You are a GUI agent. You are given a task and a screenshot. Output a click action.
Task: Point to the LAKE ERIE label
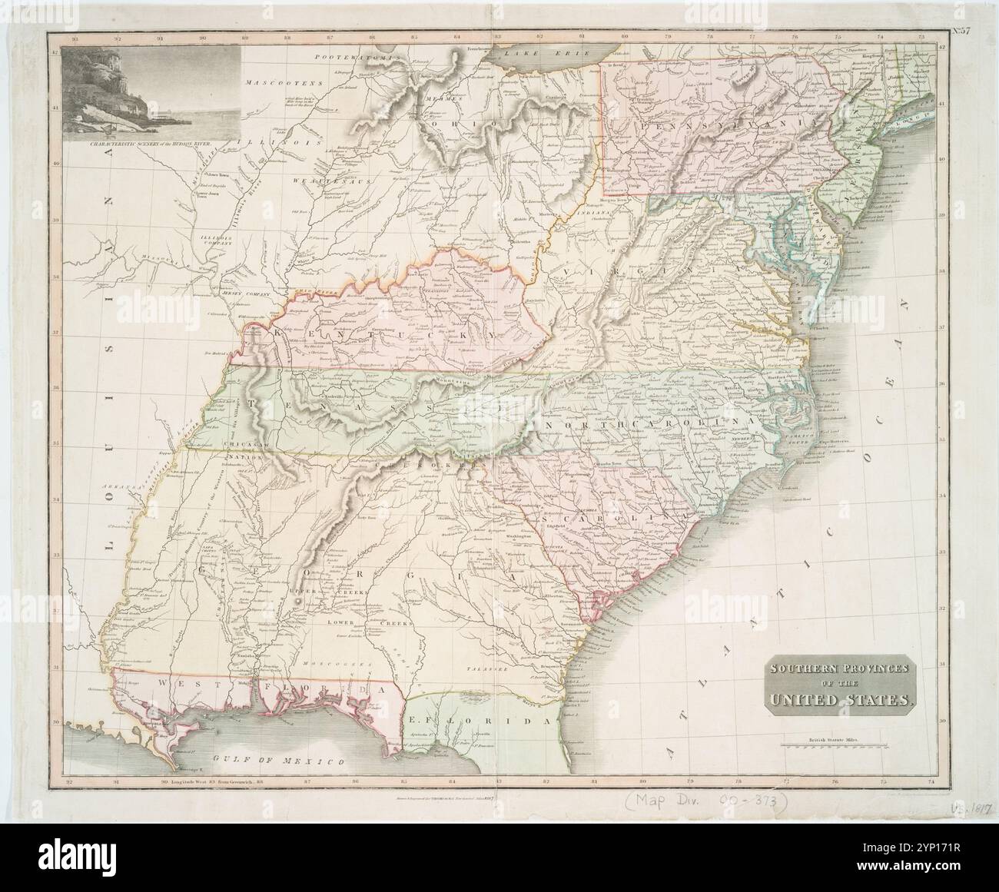pos(553,53)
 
